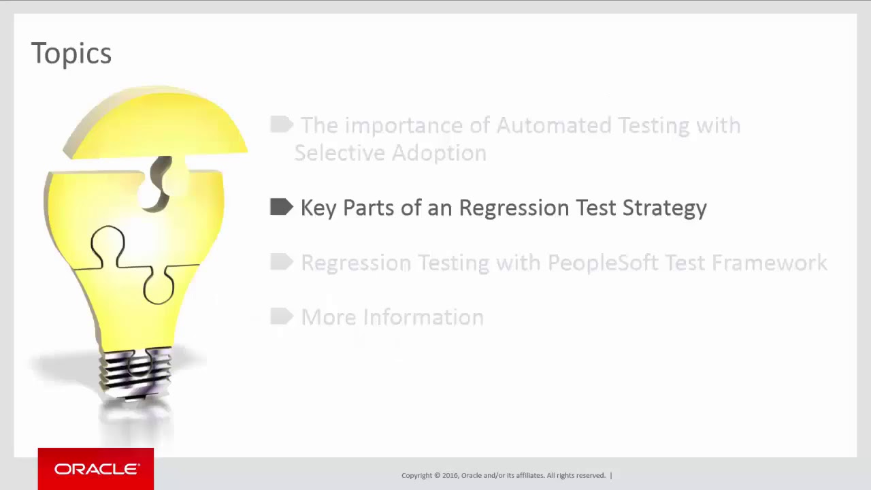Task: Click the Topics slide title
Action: point(71,54)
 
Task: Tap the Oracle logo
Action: point(96,469)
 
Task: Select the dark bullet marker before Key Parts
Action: point(281,207)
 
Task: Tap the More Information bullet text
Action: point(392,317)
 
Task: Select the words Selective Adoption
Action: point(390,153)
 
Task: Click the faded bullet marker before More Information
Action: point(281,316)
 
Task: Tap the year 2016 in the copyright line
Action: point(450,476)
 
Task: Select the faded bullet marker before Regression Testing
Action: point(281,262)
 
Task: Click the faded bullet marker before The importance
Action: point(281,125)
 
